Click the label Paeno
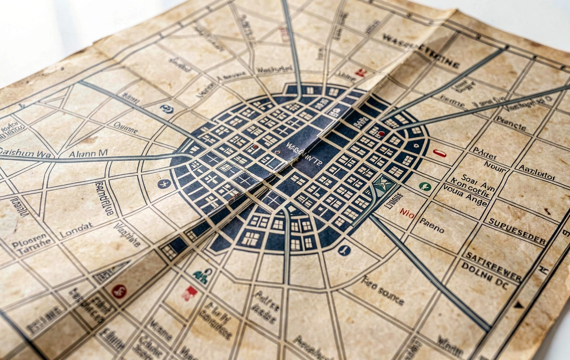(431, 225)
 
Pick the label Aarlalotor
(537, 172)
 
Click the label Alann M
(88, 153)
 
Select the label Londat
(76, 229)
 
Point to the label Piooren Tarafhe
(32, 241)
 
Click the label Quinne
(125, 127)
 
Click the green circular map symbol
(425, 186)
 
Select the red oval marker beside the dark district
(439, 153)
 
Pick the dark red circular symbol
(119, 292)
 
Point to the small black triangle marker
(518, 305)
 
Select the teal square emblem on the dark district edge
(383, 184)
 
